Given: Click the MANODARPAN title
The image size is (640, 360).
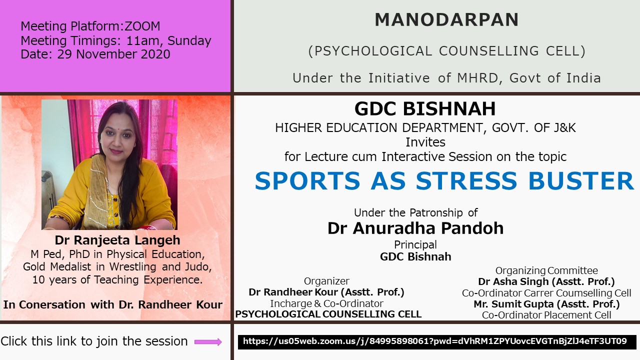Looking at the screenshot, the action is (446, 19).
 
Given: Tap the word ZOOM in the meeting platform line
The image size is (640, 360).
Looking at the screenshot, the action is (142, 26).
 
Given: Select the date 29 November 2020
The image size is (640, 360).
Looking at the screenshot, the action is (113, 54).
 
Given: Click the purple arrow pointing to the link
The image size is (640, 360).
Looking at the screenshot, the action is (208, 341).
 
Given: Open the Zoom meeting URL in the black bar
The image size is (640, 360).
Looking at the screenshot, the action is (435, 341).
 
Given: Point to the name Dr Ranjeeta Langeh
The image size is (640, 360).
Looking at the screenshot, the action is (117, 240).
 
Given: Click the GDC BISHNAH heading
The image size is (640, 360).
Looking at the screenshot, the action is (425, 109).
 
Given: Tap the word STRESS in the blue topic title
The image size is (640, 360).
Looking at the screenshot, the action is (466, 181).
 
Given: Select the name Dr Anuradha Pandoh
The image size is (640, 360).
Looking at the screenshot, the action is (415, 228).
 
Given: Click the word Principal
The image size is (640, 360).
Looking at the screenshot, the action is (415, 245).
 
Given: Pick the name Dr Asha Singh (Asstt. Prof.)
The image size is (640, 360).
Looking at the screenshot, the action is (546, 281).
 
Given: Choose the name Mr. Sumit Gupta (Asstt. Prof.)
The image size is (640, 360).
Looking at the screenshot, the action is (546, 304).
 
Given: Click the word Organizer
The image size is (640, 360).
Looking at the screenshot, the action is (326, 281).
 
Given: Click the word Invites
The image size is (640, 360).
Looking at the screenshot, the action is (425, 142).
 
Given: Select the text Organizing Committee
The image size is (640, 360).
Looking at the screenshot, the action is (546, 270).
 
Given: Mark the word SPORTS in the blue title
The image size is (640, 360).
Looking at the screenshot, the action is (307, 181).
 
